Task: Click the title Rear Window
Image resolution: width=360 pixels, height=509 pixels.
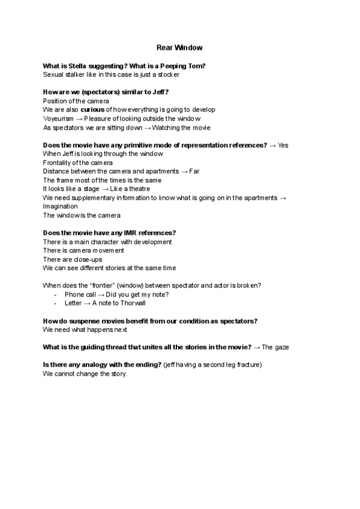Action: [179, 47]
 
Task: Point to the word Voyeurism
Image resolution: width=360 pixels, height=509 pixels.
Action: [58, 119]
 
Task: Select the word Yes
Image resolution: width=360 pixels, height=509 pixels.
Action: [283, 145]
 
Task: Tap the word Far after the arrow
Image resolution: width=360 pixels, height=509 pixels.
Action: [194, 171]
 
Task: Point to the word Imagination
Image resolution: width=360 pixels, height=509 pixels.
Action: [60, 206]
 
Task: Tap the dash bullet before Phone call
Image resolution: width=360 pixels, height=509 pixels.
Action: [55, 295]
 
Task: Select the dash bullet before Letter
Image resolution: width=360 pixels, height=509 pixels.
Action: [55, 303]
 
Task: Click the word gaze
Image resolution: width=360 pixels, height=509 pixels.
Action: [283, 348]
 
